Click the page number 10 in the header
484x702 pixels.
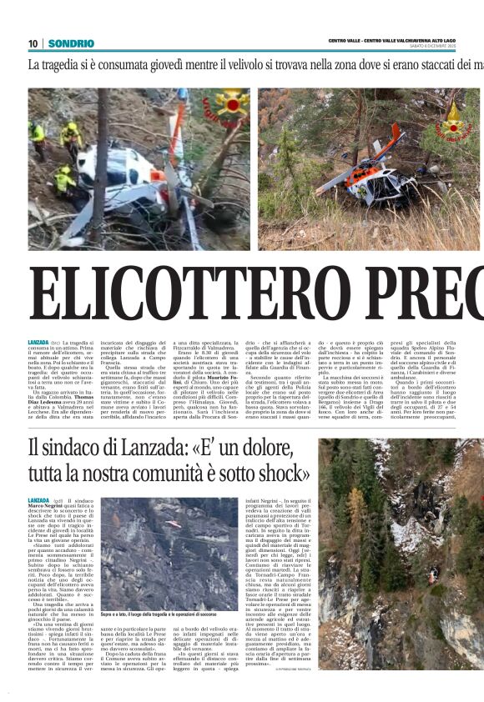click(x=33, y=43)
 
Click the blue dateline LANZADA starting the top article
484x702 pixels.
click(x=38, y=320)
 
